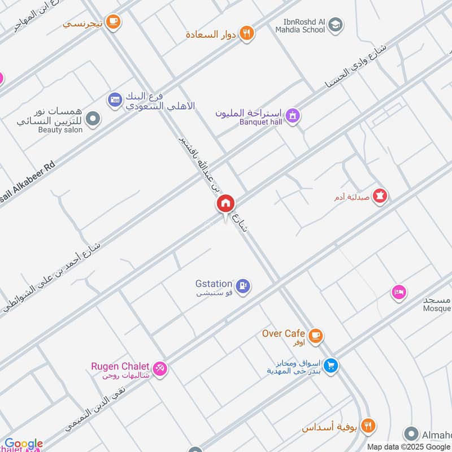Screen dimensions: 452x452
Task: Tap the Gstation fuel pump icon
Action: [244, 287]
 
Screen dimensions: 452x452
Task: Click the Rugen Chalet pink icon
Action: [160, 368]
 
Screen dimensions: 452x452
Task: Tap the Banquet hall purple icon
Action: [292, 116]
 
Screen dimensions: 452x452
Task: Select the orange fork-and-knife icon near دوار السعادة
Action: [246, 33]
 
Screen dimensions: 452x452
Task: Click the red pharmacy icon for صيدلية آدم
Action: [381, 195]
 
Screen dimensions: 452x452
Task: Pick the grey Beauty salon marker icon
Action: [94, 119]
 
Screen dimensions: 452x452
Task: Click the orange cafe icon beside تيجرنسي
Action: [113, 21]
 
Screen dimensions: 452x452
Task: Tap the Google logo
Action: [24, 444]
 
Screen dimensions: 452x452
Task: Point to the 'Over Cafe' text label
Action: [284, 333]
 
